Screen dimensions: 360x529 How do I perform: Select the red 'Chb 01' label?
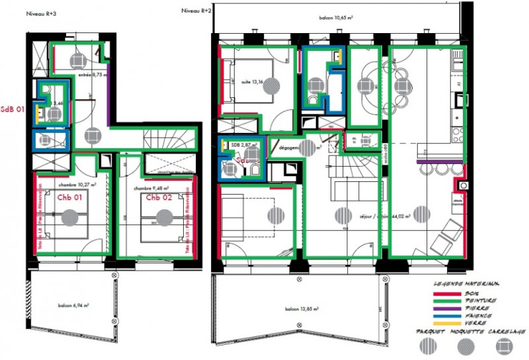[69, 197]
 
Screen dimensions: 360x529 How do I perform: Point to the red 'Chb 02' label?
[159, 197]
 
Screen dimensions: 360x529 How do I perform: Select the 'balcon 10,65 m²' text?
[336, 19]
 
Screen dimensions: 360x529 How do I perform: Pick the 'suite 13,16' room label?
[246, 82]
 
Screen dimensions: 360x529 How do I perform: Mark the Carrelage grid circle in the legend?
[505, 344]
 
